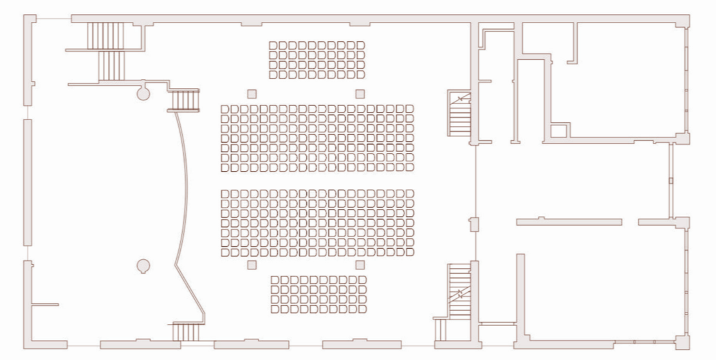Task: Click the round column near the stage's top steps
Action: [x=143, y=93]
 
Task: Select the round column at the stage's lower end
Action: [x=143, y=265]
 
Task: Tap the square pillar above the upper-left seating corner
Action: [x=252, y=93]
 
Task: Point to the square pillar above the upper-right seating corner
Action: [x=360, y=93]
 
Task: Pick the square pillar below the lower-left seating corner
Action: [x=252, y=265]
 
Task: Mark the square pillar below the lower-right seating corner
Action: [x=360, y=265]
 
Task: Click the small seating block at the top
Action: [x=317, y=60]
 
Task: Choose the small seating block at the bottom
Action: [x=318, y=294]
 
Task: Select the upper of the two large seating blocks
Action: [x=317, y=138]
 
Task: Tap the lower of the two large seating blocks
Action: [x=317, y=223]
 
